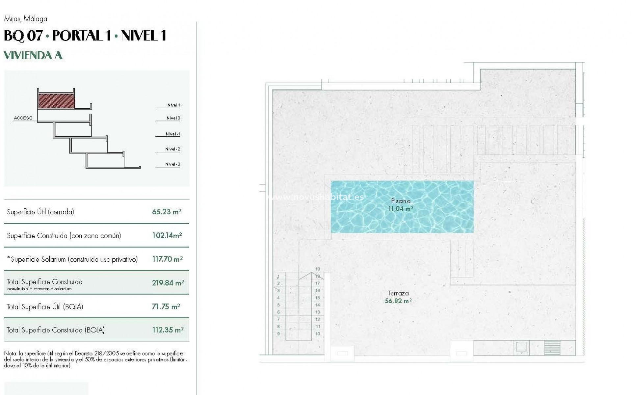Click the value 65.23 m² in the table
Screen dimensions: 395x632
click(x=167, y=212)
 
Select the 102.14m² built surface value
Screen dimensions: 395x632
click(x=167, y=235)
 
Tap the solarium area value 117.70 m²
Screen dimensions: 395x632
click(x=167, y=259)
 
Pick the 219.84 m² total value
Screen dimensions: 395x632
click(x=168, y=283)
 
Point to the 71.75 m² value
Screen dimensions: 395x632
click(x=166, y=306)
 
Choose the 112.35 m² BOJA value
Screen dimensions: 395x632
click(x=168, y=330)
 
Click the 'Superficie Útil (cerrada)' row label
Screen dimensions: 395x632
click(x=40, y=212)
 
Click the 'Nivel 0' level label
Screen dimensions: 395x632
click(x=173, y=118)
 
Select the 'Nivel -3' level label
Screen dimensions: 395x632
click(x=172, y=164)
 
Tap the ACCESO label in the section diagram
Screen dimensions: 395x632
click(x=23, y=118)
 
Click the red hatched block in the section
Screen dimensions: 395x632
click(x=56, y=101)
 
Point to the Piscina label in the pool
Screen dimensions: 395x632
click(x=401, y=201)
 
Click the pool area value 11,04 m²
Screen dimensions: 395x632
click(x=401, y=208)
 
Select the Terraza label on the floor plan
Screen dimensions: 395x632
click(x=398, y=293)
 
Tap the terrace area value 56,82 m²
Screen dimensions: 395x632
click(x=398, y=301)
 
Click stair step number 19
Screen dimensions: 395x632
click(x=317, y=269)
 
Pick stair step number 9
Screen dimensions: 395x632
click(x=278, y=334)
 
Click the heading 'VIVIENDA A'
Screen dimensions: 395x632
click(x=33, y=55)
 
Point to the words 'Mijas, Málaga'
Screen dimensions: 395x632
click(x=26, y=19)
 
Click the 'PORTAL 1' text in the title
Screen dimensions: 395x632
click(x=81, y=36)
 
